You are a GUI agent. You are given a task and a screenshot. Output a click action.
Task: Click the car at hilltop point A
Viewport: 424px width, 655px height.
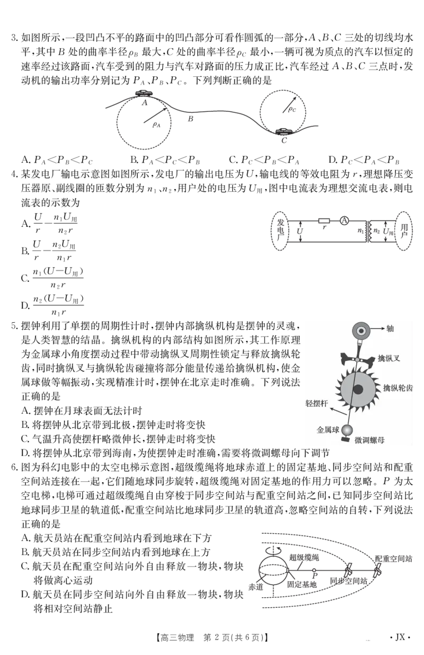[144, 93]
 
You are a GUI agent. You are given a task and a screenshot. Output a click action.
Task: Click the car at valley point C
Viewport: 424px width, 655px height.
[284, 131]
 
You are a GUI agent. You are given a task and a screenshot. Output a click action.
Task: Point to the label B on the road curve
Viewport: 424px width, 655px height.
[190, 119]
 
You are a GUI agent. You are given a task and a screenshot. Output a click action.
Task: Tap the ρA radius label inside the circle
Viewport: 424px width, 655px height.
[156, 125]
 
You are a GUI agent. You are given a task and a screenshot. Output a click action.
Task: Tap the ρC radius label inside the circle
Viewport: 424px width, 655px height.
[292, 109]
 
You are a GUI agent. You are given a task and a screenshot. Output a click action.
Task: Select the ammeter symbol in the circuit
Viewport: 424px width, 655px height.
[344, 220]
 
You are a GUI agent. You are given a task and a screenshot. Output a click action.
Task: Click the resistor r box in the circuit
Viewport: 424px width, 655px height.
[324, 221]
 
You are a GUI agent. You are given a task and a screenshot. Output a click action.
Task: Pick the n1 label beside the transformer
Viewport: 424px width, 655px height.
[360, 231]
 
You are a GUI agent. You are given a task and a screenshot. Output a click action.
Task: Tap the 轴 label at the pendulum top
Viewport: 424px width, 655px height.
[390, 329]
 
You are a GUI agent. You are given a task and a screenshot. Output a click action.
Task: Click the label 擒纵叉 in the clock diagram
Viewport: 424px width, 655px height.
[388, 358]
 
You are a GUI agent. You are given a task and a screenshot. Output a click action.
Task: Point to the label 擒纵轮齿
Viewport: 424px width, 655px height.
[397, 388]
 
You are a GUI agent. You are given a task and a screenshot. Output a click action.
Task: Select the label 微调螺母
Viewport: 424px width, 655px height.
[369, 440]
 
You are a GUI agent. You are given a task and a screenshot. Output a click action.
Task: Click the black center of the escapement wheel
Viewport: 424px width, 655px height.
[358, 389]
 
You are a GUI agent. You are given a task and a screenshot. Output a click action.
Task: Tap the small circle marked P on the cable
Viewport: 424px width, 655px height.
[314, 570]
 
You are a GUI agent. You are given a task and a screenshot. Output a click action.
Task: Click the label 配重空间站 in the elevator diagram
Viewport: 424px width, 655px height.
[393, 559]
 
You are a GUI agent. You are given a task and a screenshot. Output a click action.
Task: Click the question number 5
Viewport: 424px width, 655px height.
[14, 326]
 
